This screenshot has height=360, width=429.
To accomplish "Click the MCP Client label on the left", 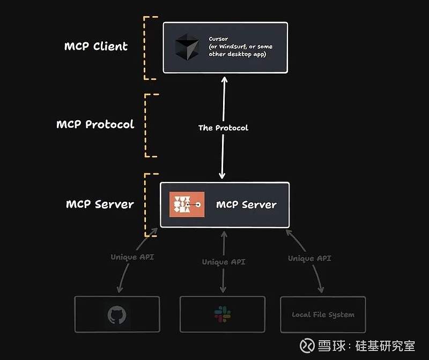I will click(96, 46).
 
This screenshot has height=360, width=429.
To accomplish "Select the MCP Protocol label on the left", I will click(95, 124).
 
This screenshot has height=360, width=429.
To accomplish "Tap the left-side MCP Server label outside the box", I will click(100, 204).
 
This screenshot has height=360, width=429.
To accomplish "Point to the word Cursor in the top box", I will click(218, 39).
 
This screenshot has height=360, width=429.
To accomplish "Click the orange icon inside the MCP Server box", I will click(187, 204).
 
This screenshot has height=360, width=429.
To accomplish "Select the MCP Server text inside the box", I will click(246, 204).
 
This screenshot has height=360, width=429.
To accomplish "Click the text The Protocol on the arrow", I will click(223, 128).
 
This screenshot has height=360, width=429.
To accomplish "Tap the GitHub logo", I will click(116, 315).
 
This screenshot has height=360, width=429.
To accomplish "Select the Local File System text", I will click(323, 315).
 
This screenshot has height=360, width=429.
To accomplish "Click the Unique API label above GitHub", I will click(132, 257).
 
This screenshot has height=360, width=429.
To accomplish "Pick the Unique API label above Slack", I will click(224, 262).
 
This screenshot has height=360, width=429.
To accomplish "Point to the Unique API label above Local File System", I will click(309, 258).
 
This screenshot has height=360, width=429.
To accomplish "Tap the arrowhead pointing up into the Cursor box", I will click(224, 80).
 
